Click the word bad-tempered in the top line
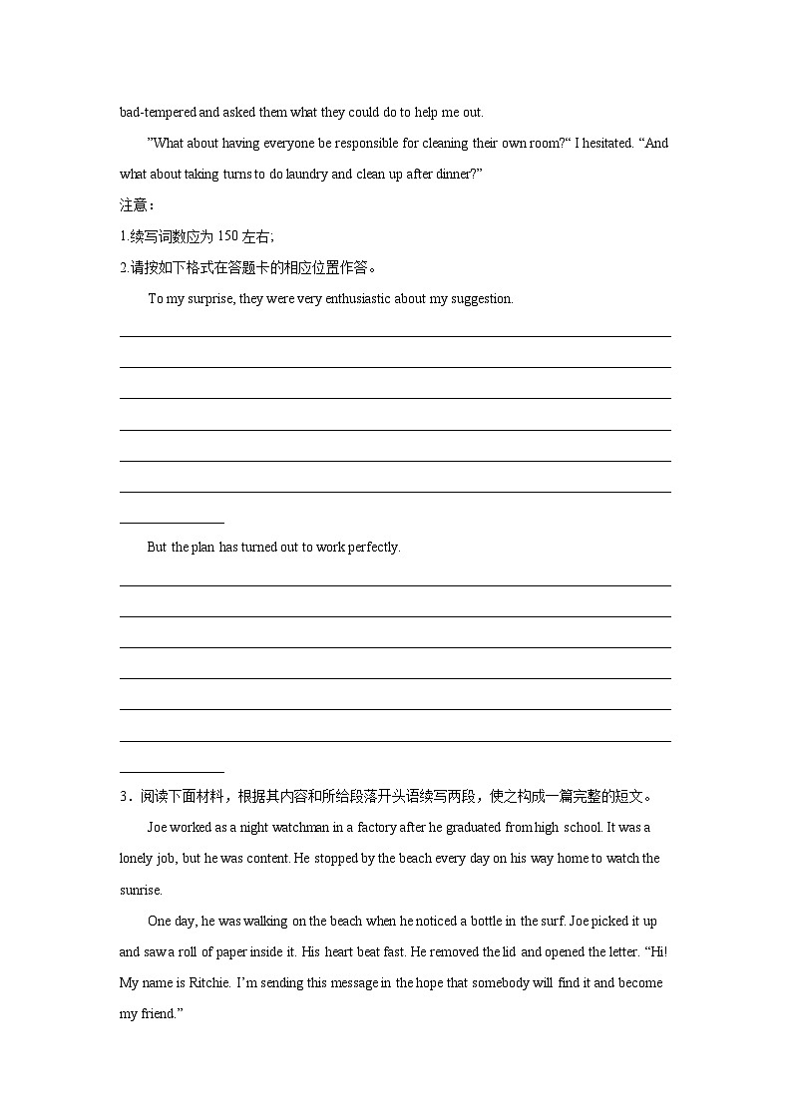pyautogui.click(x=152, y=112)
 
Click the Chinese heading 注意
pyautogui.click(x=134, y=204)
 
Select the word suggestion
pyautogui.click(x=482, y=298)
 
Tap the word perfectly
pyautogui.click(x=373, y=547)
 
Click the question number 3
pyautogui.click(x=124, y=796)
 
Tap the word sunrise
pyautogui.click(x=140, y=890)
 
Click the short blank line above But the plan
pyautogui.click(x=172, y=522)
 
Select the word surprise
pyautogui.click(x=209, y=298)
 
